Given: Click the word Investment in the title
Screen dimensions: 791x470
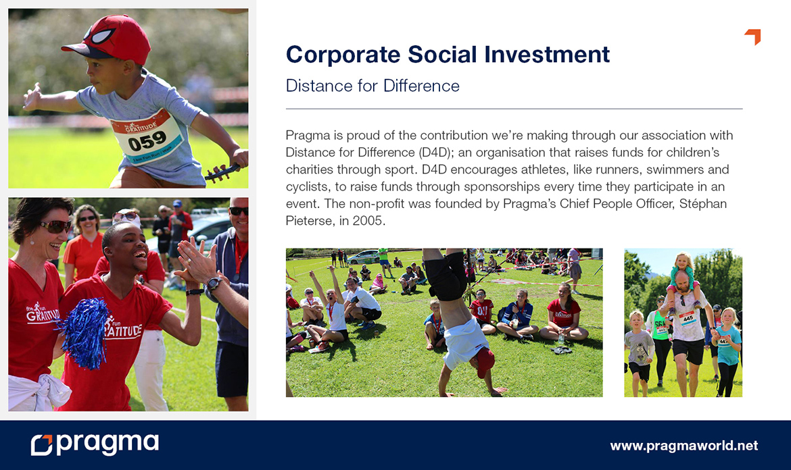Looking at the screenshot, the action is point(547,55).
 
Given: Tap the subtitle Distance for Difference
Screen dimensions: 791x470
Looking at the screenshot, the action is point(373,86).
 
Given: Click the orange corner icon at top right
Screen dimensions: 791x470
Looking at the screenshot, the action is point(752,36).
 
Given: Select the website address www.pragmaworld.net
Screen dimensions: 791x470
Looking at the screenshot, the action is point(684,446).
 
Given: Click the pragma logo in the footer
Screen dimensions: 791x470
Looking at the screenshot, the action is point(95,444).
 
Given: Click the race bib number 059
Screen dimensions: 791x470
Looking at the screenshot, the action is point(147,140).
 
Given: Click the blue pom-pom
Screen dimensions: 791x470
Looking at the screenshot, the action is point(85,333).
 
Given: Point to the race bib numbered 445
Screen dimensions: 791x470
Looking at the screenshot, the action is point(688,318).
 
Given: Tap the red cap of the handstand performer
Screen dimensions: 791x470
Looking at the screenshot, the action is point(485,361).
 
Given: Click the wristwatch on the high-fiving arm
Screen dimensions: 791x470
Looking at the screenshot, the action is point(214,284).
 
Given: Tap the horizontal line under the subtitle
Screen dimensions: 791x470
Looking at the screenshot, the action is point(514,109).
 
